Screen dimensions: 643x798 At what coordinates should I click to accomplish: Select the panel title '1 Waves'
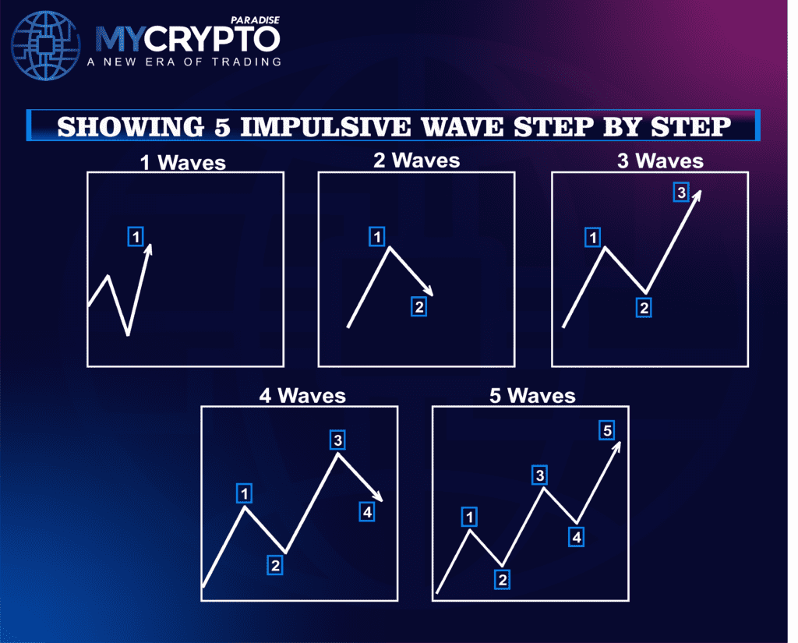pos(185,163)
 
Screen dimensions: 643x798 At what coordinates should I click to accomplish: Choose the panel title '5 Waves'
pos(533,396)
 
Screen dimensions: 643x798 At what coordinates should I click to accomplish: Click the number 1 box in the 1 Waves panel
pos(136,235)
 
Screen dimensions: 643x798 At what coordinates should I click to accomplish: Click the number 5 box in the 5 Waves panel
pos(608,429)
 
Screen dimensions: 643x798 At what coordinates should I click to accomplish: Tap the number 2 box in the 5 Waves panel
pos(503,578)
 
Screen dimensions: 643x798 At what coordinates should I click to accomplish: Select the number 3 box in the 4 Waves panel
pos(337,440)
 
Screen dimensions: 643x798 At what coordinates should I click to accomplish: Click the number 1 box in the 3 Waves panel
pos(594,238)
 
